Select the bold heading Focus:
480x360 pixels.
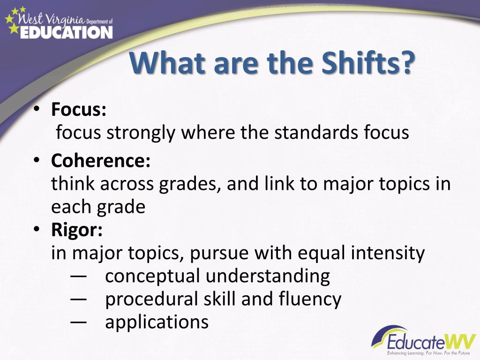pyautogui.click(x=79, y=109)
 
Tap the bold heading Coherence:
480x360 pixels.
pyautogui.click(x=101, y=160)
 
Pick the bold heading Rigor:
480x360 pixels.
pyautogui.click(x=77, y=230)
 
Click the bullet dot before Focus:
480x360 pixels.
pyautogui.click(x=37, y=109)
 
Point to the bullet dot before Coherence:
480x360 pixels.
pyautogui.click(x=37, y=160)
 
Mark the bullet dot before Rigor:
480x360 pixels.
pyautogui.click(x=37, y=229)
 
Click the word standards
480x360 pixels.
pyautogui.click(x=316, y=132)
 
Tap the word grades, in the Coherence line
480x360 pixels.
pyautogui.click(x=190, y=184)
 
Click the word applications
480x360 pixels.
pyautogui.click(x=157, y=322)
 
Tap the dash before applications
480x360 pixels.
pyautogui.click(x=78, y=322)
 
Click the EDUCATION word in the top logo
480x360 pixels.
pyautogui.click(x=67, y=32)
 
